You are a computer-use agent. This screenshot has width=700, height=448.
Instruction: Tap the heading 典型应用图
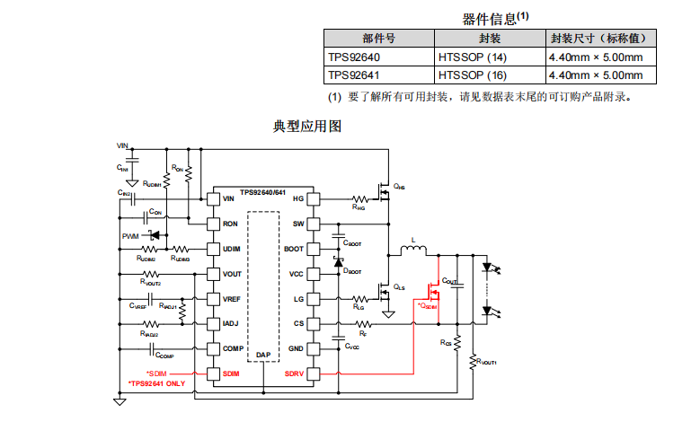tap(307, 127)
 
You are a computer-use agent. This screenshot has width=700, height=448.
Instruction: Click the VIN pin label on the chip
tap(229, 198)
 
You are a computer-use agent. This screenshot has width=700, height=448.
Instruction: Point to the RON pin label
tap(230, 224)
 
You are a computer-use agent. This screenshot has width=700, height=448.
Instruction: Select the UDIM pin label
tap(231, 249)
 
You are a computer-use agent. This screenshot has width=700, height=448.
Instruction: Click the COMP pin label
tap(232, 348)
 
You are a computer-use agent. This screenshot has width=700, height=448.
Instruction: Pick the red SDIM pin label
tap(231, 373)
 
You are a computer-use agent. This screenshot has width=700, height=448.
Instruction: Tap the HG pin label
tap(298, 198)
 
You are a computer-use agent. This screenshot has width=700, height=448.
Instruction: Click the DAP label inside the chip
tap(263, 356)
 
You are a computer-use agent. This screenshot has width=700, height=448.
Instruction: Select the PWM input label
tap(131, 236)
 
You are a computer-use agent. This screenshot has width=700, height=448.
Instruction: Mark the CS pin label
tap(299, 323)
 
